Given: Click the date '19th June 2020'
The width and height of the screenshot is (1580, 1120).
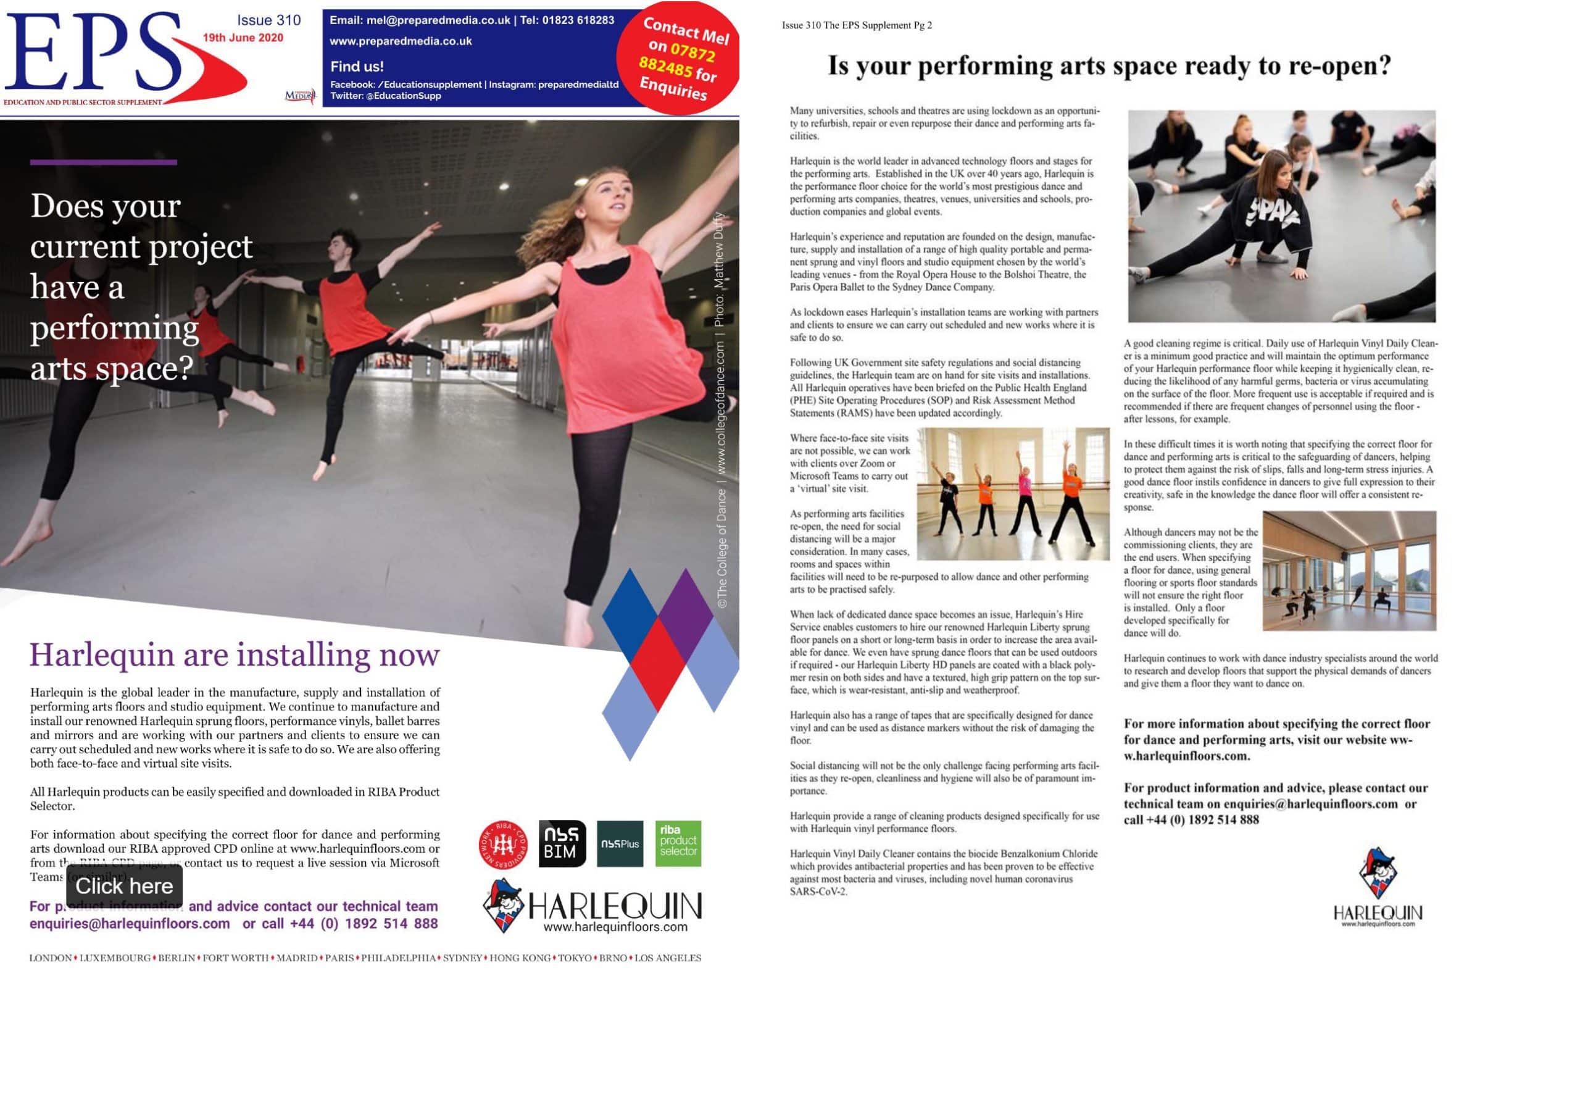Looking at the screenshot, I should pyautogui.click(x=243, y=38).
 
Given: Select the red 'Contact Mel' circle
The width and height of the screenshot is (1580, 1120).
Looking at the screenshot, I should pyautogui.click(x=679, y=59).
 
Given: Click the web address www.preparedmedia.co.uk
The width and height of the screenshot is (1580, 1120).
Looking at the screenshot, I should pyautogui.click(x=401, y=41).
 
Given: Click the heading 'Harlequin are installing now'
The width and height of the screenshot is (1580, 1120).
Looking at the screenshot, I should pyautogui.click(x=235, y=654).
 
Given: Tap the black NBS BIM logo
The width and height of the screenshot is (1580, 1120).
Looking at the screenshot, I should pyautogui.click(x=562, y=843).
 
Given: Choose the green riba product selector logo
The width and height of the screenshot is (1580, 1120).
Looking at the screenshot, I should pyautogui.click(x=678, y=843).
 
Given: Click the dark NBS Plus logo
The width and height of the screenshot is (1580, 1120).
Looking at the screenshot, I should pyautogui.click(x=620, y=843).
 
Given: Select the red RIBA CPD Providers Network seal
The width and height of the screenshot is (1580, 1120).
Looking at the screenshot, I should pyautogui.click(x=503, y=844).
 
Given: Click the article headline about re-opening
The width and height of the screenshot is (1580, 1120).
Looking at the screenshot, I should pyautogui.click(x=1108, y=65).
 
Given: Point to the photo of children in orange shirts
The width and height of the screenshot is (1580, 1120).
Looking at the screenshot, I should pyautogui.click(x=1013, y=494).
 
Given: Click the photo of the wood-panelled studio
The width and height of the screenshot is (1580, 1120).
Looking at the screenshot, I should pyautogui.click(x=1349, y=570).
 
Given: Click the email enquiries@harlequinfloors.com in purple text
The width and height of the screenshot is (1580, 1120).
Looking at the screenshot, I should pyautogui.click(x=130, y=924).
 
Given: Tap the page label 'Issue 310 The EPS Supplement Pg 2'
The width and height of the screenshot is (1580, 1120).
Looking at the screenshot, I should pyautogui.click(x=857, y=25).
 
